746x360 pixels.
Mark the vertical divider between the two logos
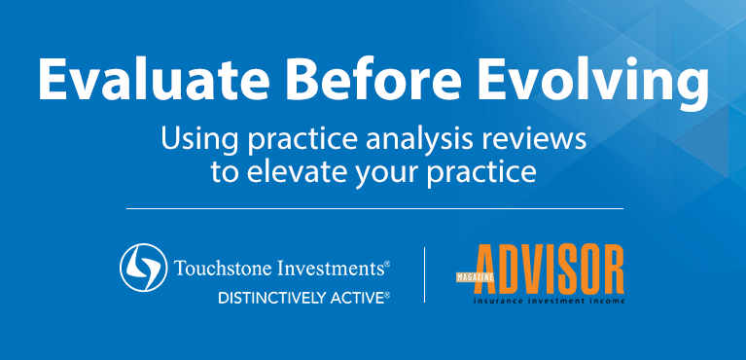[424, 275]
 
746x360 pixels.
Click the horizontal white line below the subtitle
[374, 208]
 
